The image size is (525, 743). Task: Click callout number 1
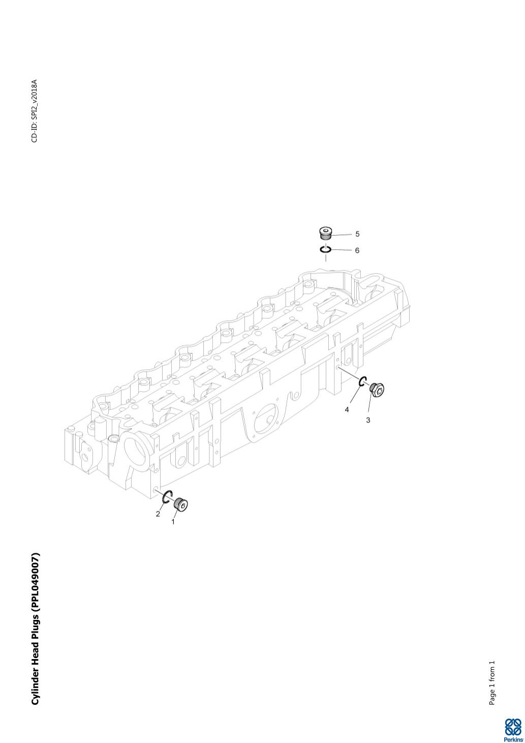click(173, 521)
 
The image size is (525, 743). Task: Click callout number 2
click(158, 514)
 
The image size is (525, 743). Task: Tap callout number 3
click(368, 420)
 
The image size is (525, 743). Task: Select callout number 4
click(347, 409)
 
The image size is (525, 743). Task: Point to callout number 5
click(357, 234)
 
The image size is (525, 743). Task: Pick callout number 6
click(357, 250)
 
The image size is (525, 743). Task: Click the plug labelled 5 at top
click(326, 233)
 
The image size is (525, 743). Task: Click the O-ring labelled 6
click(326, 249)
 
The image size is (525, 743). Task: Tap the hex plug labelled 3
click(377, 390)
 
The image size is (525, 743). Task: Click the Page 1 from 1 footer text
click(491, 683)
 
